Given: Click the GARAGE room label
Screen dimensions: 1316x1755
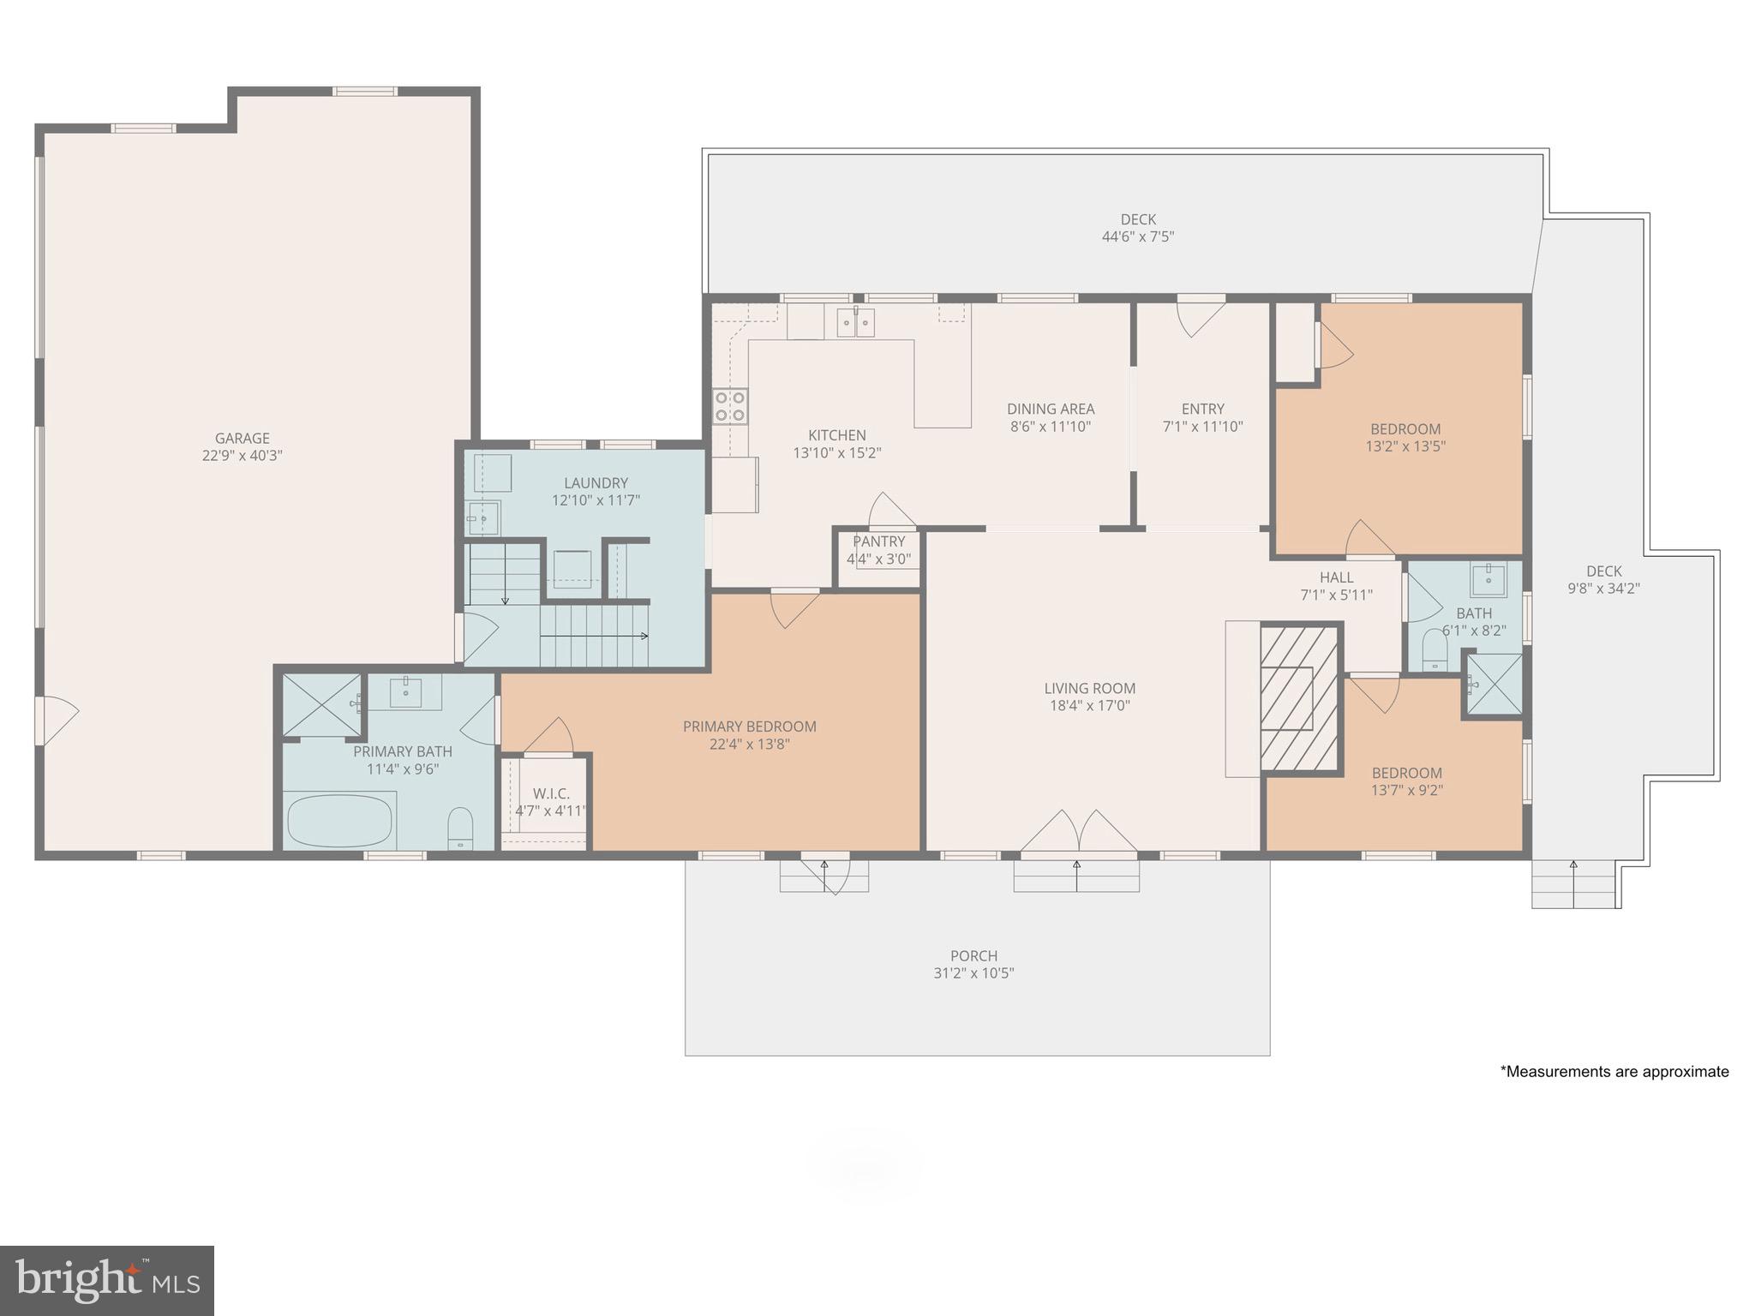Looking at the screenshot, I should click(242, 438).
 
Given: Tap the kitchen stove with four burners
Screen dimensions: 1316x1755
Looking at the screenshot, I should click(730, 406).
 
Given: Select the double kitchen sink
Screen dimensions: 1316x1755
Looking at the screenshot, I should click(855, 323).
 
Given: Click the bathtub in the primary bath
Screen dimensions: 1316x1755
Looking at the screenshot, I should click(339, 820).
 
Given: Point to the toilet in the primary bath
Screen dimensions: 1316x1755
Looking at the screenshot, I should click(460, 828).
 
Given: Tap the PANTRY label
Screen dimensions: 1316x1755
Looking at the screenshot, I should click(878, 541).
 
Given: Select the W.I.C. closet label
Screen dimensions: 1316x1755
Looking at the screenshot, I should click(550, 793).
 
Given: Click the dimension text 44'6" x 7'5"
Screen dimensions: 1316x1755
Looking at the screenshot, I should click(1137, 237).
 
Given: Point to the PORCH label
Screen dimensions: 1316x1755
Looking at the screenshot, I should click(973, 955).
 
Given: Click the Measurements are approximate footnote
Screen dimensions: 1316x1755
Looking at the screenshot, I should click(1614, 1071).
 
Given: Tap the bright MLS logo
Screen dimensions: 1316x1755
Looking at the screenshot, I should click(107, 1281).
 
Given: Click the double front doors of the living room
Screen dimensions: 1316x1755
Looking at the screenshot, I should click(1078, 832).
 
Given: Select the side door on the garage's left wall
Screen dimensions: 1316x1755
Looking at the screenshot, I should click(55, 721).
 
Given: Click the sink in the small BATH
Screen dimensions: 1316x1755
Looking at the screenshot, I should click(1488, 580).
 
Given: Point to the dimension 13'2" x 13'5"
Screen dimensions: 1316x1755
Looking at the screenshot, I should click(1405, 446).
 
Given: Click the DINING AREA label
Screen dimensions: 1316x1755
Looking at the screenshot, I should click(1051, 409).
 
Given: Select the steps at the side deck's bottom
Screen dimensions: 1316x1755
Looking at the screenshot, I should click(1573, 885).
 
